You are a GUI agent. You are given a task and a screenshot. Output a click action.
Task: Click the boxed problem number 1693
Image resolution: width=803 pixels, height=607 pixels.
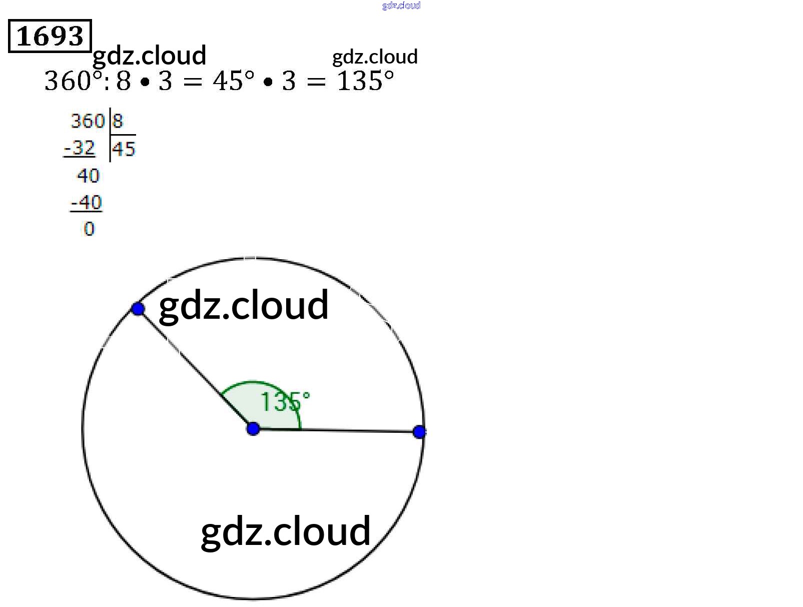(50, 36)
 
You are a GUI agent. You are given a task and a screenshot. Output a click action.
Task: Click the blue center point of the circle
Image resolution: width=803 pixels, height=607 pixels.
(253, 429)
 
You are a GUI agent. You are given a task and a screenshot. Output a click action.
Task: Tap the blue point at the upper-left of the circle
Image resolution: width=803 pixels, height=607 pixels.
(138, 309)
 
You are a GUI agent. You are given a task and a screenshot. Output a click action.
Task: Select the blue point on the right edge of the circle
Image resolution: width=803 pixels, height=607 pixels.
(419, 432)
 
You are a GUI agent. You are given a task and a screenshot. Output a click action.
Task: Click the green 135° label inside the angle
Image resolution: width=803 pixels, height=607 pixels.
(285, 401)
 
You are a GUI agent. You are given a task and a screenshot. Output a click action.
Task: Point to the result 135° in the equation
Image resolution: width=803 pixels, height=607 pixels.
(366, 81)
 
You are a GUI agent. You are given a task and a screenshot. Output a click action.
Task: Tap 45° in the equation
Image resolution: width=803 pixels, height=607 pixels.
(233, 81)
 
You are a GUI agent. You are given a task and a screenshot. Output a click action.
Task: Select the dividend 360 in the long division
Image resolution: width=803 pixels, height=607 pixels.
(87, 121)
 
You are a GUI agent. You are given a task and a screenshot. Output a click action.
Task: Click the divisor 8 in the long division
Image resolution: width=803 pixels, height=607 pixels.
(118, 121)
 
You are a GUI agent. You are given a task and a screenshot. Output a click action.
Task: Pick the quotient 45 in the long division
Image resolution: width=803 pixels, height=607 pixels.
(124, 149)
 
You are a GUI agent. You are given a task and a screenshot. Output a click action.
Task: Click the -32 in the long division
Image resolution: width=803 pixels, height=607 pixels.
(80, 148)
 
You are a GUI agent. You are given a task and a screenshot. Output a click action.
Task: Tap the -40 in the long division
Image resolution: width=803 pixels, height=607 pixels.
(87, 203)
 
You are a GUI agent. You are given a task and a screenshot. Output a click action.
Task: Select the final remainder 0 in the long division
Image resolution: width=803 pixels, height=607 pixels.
(89, 229)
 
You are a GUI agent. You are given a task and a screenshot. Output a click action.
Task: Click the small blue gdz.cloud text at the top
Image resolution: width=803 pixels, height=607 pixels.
(401, 6)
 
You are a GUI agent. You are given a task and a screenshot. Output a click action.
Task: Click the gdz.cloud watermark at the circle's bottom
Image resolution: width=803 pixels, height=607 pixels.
(286, 531)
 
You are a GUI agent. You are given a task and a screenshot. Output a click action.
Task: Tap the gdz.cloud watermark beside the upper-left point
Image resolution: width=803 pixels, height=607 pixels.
(244, 305)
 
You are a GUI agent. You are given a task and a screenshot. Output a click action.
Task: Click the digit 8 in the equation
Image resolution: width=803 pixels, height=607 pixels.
(124, 81)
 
